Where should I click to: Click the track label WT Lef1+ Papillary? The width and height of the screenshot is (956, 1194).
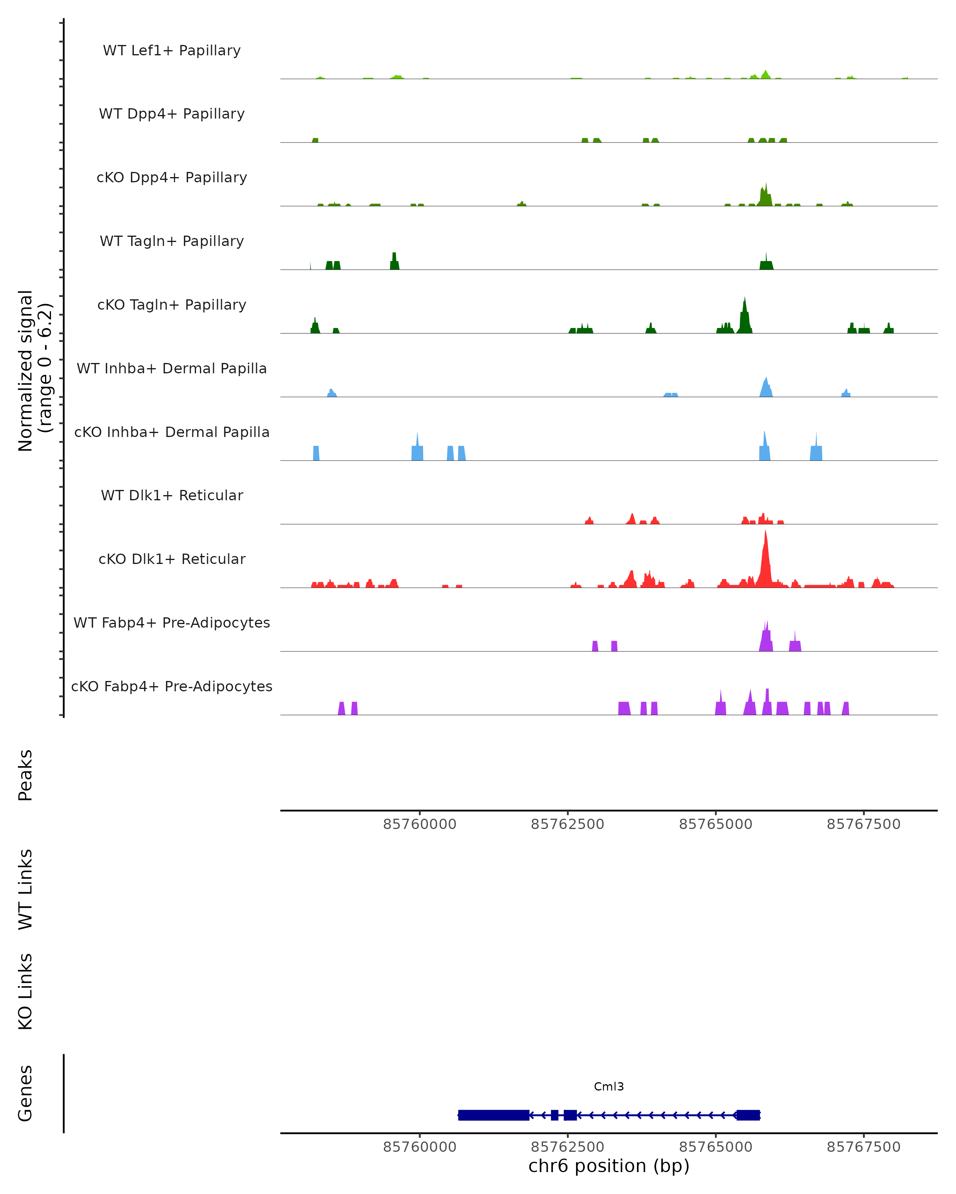[x=172, y=51]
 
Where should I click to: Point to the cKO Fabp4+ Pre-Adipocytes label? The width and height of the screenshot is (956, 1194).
[x=172, y=686]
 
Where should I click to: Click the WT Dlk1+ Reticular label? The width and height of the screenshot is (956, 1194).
[x=172, y=495]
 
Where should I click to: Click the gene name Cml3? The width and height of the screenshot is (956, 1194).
[x=609, y=1087]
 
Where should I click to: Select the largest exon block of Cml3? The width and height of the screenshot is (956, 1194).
[x=493, y=1115]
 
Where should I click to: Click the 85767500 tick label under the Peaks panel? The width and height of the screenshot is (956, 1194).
[x=864, y=824]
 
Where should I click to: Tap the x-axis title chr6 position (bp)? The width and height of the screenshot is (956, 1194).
[x=609, y=1166]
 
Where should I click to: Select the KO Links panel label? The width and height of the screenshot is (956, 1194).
[x=25, y=991]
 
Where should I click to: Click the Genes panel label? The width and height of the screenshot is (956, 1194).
[x=25, y=1093]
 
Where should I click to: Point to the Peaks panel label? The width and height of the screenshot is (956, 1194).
[x=25, y=775]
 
